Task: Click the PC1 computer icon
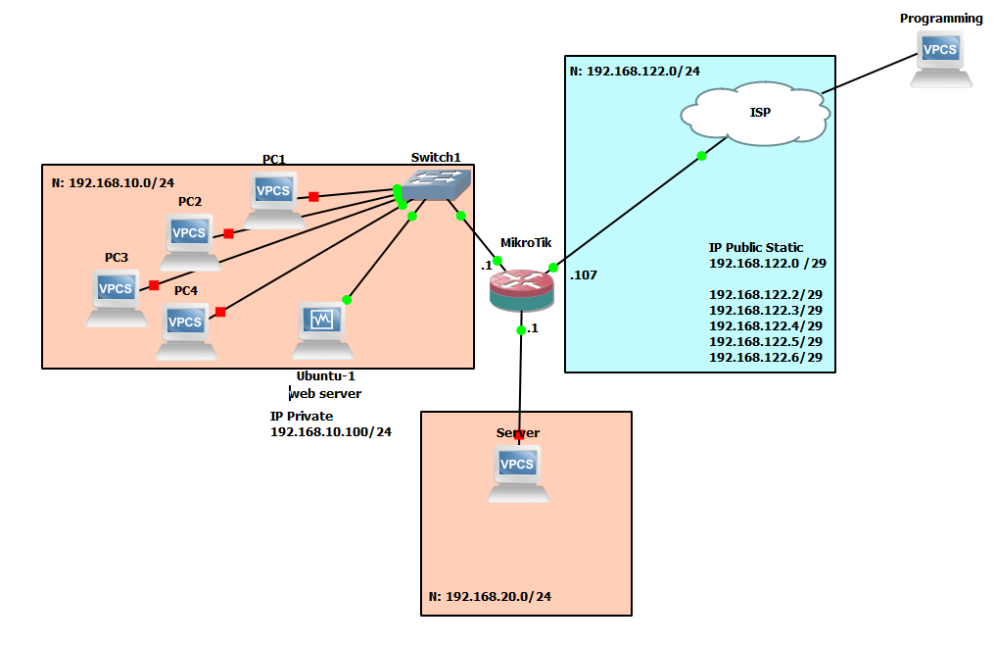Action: coord(273,197)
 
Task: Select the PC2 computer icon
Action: coord(189,239)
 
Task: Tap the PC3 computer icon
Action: coord(116,295)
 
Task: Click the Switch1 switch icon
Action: coord(438,185)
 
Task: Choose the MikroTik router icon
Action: coord(521,290)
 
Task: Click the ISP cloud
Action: coord(757,113)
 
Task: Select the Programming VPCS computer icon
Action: coord(941,56)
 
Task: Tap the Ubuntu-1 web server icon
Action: coord(321,328)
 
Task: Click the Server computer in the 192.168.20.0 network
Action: coord(517,472)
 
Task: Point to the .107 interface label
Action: coord(583,275)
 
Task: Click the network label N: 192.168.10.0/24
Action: coord(112,182)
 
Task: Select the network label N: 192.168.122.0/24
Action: coord(635,72)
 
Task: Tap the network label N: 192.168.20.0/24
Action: coord(490,596)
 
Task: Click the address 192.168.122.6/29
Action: coord(765,359)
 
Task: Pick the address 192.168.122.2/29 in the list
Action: coord(765,294)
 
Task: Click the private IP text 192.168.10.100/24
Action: coord(330,432)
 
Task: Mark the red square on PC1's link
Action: coord(313,197)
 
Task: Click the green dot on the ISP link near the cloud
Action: coord(701,156)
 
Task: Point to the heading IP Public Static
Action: coord(756,248)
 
